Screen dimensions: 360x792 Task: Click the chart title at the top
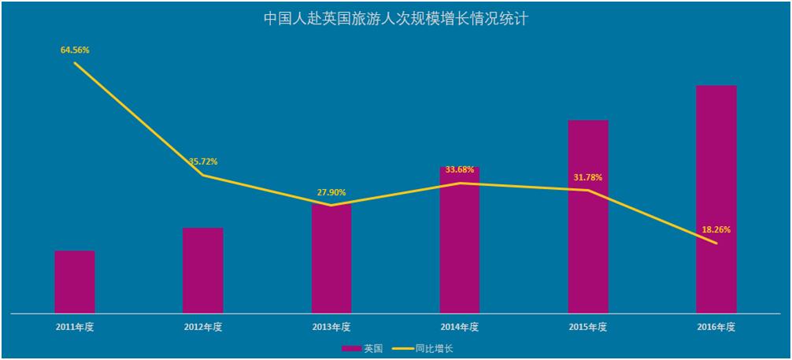(x=396, y=18)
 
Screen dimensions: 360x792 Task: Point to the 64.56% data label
(x=75, y=50)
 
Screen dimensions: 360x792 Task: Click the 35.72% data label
(x=203, y=161)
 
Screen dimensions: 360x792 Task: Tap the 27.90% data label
(x=331, y=192)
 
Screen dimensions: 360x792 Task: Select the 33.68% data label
(x=460, y=169)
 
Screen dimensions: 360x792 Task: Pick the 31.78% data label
(x=588, y=177)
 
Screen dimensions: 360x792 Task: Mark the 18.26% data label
(x=716, y=230)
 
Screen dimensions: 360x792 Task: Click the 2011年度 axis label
(x=75, y=326)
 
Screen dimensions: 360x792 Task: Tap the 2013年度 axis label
(x=331, y=326)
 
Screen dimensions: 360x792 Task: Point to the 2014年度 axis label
(x=460, y=326)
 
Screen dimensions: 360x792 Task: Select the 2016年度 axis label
(x=716, y=326)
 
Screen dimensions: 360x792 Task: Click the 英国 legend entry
(x=363, y=348)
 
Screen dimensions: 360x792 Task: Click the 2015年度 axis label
(x=588, y=326)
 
